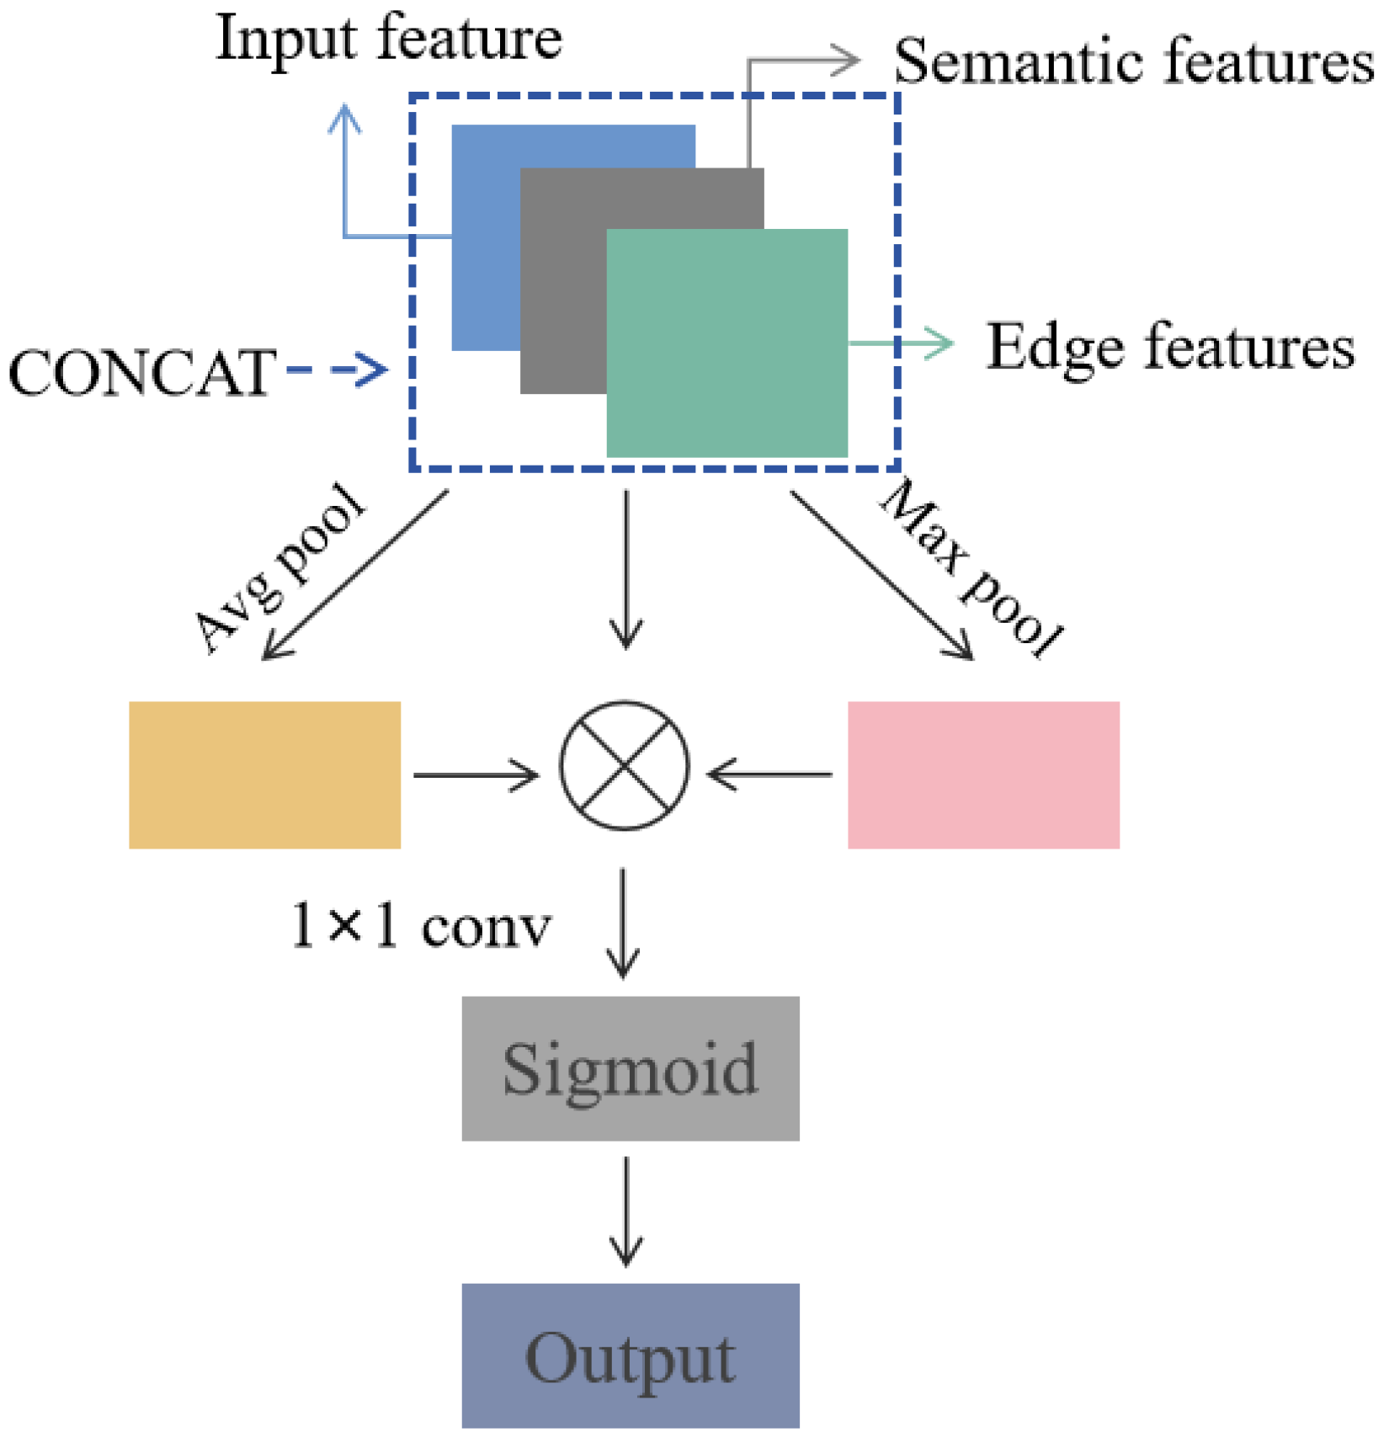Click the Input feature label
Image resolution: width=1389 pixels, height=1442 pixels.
(x=389, y=40)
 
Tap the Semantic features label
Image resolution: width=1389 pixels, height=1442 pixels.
(x=1132, y=63)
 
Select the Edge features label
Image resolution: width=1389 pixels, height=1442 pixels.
(x=1170, y=346)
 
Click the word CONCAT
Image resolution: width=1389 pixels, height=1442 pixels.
(x=141, y=373)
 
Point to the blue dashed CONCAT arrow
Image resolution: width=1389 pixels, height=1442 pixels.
(x=337, y=370)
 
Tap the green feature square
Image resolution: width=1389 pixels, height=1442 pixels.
(x=726, y=343)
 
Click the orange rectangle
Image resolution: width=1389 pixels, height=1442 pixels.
(x=264, y=774)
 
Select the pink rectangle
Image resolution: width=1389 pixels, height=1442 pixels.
(x=982, y=774)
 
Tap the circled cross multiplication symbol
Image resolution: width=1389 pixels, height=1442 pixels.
(x=624, y=765)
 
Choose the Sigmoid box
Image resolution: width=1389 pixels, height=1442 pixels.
(x=630, y=1067)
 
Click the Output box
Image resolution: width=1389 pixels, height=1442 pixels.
(x=630, y=1356)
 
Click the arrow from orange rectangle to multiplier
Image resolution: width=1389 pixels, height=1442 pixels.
(x=476, y=774)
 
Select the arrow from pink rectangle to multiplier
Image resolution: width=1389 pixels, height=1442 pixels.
(x=769, y=774)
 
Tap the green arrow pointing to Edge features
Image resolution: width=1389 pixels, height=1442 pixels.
(x=901, y=343)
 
